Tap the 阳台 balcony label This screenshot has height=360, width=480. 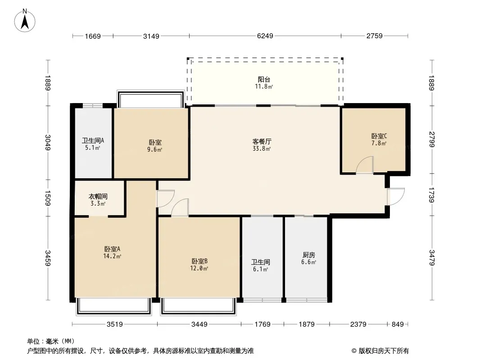pyautogui.click(x=264, y=80)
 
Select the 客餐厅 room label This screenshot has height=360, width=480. pyautogui.click(x=262, y=141)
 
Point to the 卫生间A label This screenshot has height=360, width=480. pyautogui.click(x=93, y=140)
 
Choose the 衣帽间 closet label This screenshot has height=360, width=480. pyautogui.click(x=98, y=197)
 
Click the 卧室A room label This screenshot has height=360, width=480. pyautogui.click(x=112, y=249)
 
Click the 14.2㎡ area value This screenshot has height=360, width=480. pyautogui.click(x=112, y=256)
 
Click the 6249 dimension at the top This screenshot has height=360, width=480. pyautogui.click(x=265, y=36)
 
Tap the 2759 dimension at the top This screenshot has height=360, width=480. pyautogui.click(x=374, y=36)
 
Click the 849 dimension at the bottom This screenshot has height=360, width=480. pyautogui.click(x=398, y=324)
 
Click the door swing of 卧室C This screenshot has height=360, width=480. pyautogui.click(x=365, y=165)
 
